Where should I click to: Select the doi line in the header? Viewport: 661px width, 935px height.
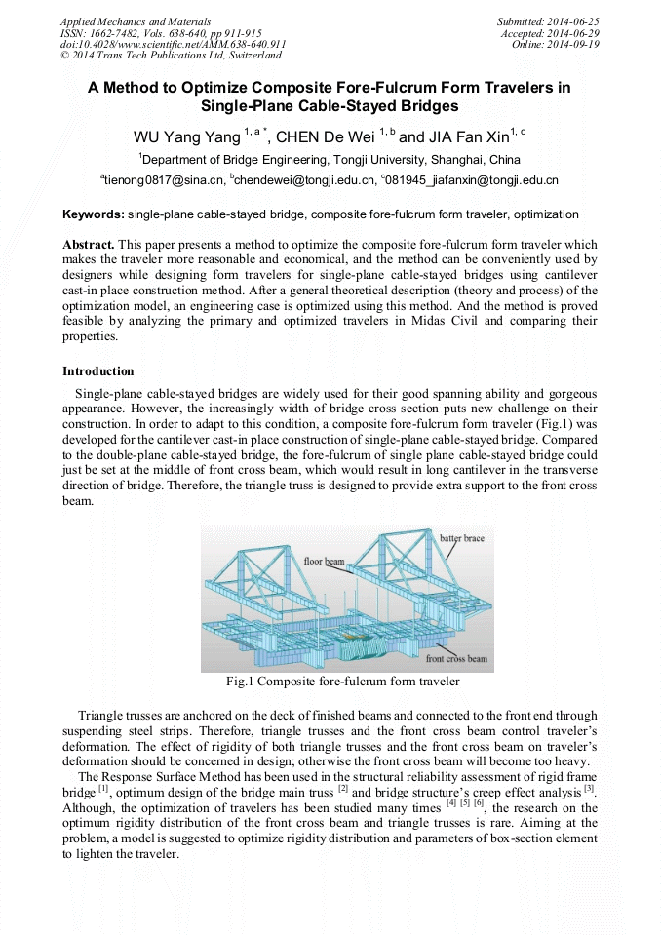click(173, 44)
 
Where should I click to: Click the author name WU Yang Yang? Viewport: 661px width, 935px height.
click(186, 136)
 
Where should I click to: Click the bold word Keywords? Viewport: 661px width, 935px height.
click(93, 214)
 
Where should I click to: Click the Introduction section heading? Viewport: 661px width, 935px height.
click(98, 371)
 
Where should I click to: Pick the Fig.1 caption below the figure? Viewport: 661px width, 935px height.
click(342, 682)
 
